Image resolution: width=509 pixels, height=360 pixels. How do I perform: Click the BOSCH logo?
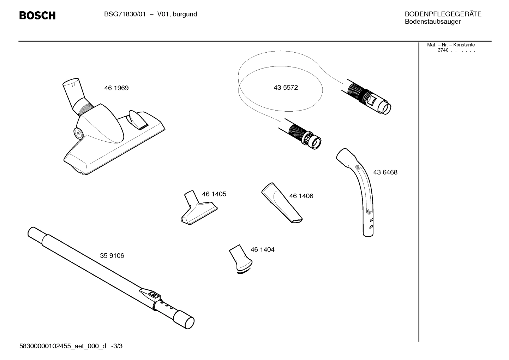pos(37,16)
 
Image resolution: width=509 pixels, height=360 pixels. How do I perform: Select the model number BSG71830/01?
pos(125,14)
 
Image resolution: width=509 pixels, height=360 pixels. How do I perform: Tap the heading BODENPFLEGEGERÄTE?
pos(443,14)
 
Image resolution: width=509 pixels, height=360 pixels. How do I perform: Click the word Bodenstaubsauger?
pos(432,22)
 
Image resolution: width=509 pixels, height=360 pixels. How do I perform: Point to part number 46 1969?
pos(116,88)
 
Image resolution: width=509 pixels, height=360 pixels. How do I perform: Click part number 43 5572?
pos(286,88)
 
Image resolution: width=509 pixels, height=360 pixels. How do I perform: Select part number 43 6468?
pos(385,172)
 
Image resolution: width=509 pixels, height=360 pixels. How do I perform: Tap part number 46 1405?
pos(214,194)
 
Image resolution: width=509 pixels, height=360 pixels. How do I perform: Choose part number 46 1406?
pos(301,196)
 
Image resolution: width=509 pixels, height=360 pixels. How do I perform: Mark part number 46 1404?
pos(262,249)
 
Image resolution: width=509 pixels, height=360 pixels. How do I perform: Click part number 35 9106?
pos(112,256)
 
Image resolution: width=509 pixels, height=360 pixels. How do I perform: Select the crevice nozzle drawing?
pos(282,203)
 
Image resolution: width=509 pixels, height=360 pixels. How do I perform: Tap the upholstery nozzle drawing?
pos(198,211)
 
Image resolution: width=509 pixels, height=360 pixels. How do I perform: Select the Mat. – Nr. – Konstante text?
pos(451,45)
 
